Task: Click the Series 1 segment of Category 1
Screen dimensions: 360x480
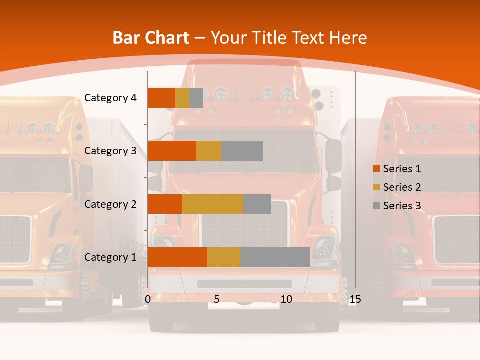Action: pyautogui.click(x=177, y=257)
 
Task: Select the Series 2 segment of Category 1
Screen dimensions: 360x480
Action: pyautogui.click(x=224, y=257)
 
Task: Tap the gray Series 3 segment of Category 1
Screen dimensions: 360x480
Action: pyautogui.click(x=275, y=257)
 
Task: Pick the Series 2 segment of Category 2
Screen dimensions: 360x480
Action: pyautogui.click(x=213, y=204)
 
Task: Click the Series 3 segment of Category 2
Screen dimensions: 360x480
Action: pyautogui.click(x=257, y=204)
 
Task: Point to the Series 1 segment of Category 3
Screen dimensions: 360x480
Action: pyautogui.click(x=172, y=151)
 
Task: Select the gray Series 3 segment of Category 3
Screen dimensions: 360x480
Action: pyautogui.click(x=242, y=151)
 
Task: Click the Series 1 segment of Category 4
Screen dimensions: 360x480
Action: pyautogui.click(x=161, y=98)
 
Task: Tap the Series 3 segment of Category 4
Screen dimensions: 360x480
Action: pyautogui.click(x=196, y=98)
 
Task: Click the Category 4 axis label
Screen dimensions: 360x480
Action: pyautogui.click(x=110, y=98)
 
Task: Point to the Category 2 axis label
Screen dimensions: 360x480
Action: pyautogui.click(x=110, y=204)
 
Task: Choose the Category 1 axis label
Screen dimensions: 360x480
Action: pyautogui.click(x=110, y=257)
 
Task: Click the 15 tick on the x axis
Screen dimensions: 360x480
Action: pyautogui.click(x=355, y=299)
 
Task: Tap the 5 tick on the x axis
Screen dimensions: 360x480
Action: pyautogui.click(x=217, y=299)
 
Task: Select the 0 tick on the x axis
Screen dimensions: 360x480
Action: pyautogui.click(x=148, y=299)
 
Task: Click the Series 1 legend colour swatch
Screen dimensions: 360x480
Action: pyautogui.click(x=376, y=169)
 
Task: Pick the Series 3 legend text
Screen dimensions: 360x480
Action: pyautogui.click(x=402, y=205)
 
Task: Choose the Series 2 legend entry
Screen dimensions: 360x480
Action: pyautogui.click(x=397, y=187)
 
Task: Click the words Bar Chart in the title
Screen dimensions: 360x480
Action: pyautogui.click(x=151, y=38)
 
